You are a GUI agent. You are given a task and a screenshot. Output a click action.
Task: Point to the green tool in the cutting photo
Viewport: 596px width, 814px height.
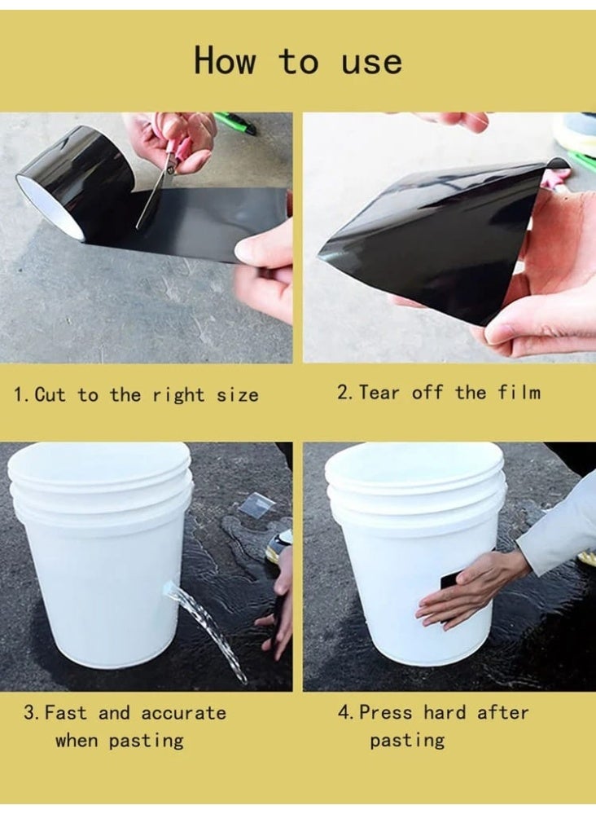235,123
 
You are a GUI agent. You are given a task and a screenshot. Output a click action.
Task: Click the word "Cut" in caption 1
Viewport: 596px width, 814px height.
50,395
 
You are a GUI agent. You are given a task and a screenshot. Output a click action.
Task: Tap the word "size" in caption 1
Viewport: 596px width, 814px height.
237,395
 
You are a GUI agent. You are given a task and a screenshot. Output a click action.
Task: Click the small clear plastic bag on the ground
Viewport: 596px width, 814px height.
256,505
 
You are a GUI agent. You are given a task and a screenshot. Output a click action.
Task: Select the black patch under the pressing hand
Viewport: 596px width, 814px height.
450,582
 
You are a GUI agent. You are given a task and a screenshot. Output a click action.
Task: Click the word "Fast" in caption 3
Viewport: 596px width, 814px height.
66,713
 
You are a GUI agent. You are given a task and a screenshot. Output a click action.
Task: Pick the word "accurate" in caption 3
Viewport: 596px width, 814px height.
183,713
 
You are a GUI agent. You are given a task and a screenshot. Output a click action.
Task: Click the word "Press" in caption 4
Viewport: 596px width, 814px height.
386,712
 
